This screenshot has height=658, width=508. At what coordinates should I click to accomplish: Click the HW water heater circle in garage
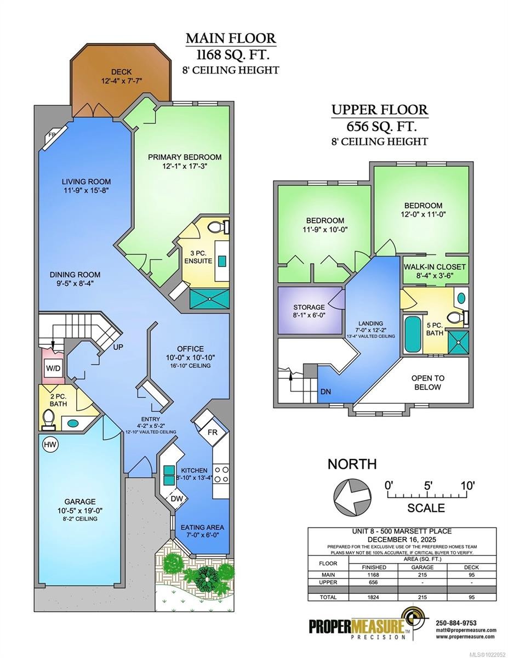[48, 444]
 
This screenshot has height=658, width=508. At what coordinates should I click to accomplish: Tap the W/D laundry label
[53, 368]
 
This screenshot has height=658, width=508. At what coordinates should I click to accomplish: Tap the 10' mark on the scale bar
[467, 485]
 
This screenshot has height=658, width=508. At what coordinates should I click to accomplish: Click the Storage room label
[309, 307]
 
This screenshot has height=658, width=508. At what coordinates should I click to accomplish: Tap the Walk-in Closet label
[435, 266]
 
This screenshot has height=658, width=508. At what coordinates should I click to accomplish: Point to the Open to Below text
[428, 382]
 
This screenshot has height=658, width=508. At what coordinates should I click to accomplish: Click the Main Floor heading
[231, 38]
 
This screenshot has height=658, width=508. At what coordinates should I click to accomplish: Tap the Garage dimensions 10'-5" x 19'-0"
[79, 510]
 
